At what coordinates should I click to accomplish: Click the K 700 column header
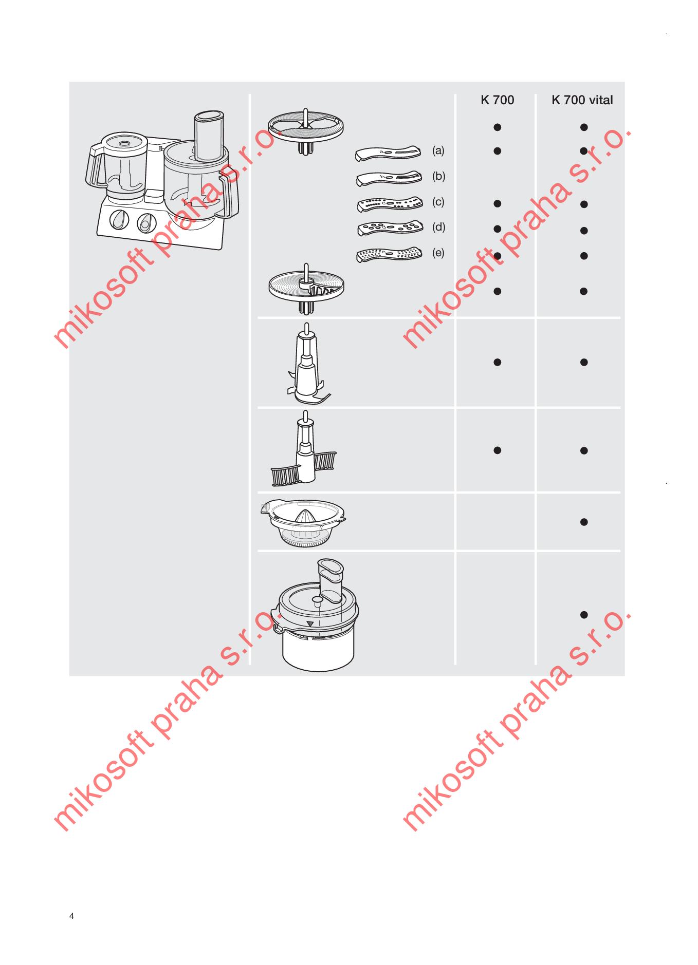pos(497,100)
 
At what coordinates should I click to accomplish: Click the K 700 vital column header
pos(582,100)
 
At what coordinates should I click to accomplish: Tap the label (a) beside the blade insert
pos(438,150)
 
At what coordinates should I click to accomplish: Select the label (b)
pos(438,176)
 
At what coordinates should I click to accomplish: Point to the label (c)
pos(438,202)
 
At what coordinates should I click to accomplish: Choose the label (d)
pos(438,227)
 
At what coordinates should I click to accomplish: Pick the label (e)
pos(438,253)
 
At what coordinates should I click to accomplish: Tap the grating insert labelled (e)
pos(389,255)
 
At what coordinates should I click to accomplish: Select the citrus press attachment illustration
pos(303,523)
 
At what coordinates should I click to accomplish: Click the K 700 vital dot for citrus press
pos(584,522)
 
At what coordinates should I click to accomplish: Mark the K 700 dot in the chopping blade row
pos(497,362)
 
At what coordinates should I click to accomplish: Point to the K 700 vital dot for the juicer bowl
pos(584,614)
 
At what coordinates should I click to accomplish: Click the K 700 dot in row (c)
pos(497,203)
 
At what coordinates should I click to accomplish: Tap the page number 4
pos(71,916)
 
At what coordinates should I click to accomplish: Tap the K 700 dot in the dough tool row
pos(497,450)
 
